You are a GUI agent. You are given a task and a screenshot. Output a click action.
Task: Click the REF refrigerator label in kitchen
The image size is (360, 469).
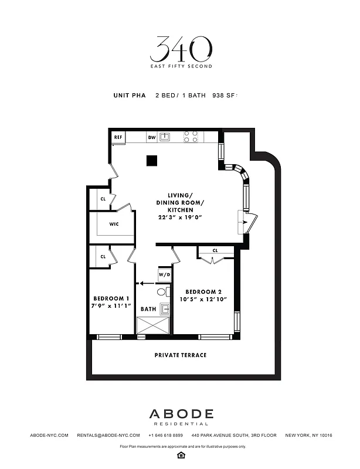pyautogui.click(x=118, y=137)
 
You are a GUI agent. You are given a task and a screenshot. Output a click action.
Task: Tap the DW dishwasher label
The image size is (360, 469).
pyautogui.click(x=151, y=137)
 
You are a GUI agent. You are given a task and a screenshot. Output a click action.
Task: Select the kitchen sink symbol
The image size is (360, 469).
pyautogui.click(x=166, y=137)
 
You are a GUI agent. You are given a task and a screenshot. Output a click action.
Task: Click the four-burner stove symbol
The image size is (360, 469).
pyautogui.click(x=191, y=137)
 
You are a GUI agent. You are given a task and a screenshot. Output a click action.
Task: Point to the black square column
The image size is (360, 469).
pyautogui.click(x=152, y=159)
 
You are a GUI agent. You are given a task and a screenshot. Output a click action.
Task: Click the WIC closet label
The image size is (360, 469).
pyautogui.click(x=114, y=224)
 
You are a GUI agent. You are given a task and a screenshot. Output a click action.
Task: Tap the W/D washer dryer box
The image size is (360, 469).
pyautogui.click(x=164, y=275)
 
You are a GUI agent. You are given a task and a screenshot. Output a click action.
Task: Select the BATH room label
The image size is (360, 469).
pyautogui.click(x=148, y=309)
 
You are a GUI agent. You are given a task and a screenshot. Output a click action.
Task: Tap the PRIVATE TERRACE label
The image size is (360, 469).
pyautogui.click(x=180, y=355)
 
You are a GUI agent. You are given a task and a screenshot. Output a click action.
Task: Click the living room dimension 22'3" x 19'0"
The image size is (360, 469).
pyautogui.click(x=179, y=217)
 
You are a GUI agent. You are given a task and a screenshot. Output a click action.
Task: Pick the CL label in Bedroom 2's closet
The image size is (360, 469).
pyautogui.click(x=215, y=250)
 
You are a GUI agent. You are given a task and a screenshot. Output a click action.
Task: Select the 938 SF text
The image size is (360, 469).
pyautogui.click(x=226, y=94)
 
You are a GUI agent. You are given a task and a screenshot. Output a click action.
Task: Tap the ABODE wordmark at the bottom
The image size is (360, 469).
pyautogui.click(x=180, y=414)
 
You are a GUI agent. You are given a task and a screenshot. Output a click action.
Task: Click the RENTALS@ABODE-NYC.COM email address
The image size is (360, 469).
pyautogui.click(x=108, y=435)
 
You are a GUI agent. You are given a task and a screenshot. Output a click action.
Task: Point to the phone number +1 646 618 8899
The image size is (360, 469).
pyautogui.click(x=166, y=435)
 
